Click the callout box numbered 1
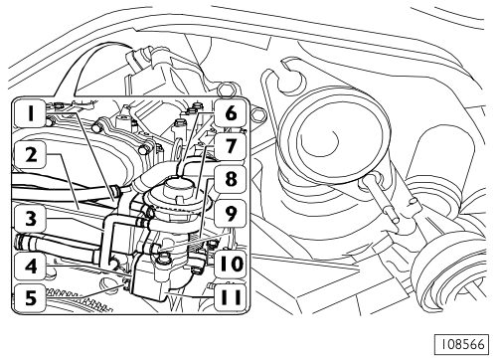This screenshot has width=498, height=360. coord(31,113)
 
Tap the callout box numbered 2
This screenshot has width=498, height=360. coord(31,155)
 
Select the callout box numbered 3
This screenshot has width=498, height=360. coord(31,220)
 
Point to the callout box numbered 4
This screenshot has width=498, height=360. coord(31,266)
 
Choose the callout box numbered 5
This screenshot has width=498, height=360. coord(31,297)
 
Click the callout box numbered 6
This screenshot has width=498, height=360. coord(231,113)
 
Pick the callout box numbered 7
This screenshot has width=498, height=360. coord(231,146)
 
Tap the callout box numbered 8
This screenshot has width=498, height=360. coord(231,179)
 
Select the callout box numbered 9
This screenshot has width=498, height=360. coord(231,214)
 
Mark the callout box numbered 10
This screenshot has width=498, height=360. coord(231,265)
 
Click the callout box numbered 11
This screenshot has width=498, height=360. coord(231,297)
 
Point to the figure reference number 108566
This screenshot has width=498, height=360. coord(461,344)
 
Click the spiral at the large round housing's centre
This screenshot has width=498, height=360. coord(323,141)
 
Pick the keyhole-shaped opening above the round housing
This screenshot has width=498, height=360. coord(291,79)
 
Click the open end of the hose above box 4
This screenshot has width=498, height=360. coord(20,241)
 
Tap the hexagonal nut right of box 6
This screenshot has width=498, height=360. coord(258,114)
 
